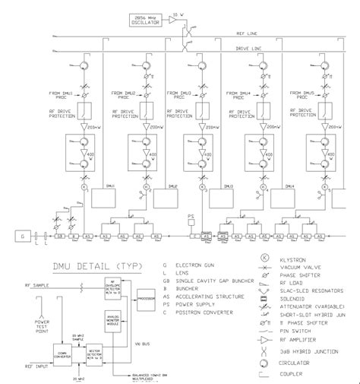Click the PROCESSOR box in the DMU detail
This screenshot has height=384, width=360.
click(x=144, y=298)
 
